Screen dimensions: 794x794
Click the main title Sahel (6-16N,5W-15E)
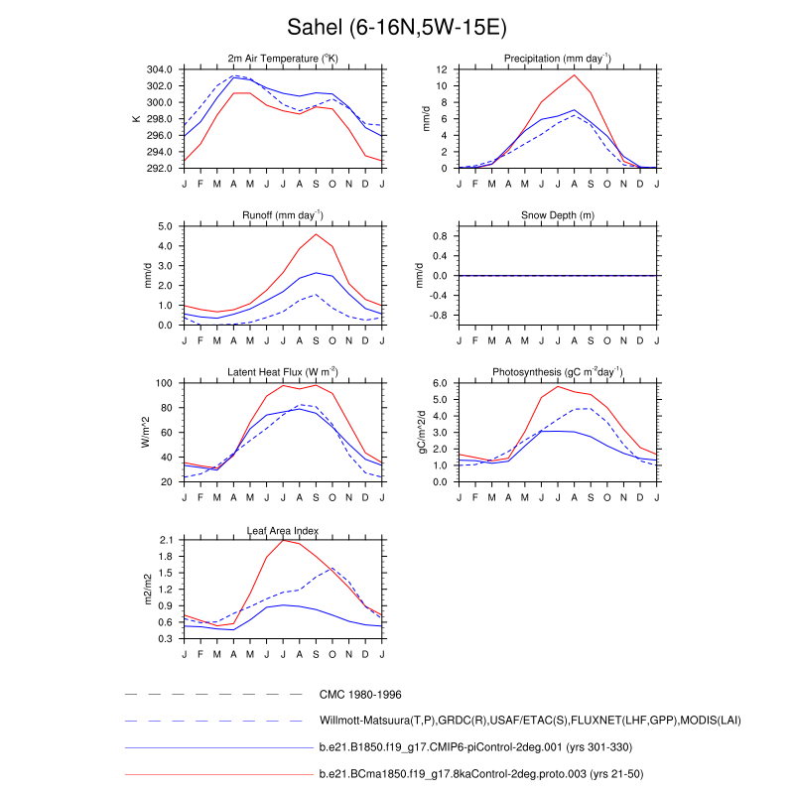(x=397, y=26)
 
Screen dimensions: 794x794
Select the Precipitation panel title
(x=557, y=60)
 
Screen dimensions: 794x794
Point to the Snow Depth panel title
(x=557, y=215)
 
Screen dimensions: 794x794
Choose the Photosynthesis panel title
(x=557, y=372)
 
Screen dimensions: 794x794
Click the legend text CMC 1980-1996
(x=360, y=695)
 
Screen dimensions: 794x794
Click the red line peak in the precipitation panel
(x=574, y=75)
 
